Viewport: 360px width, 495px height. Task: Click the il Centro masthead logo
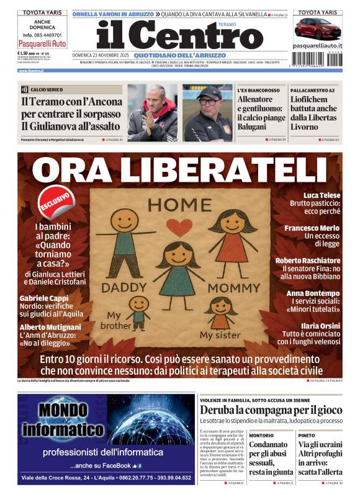[x=171, y=36]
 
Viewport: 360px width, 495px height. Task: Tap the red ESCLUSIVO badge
[x=55, y=200]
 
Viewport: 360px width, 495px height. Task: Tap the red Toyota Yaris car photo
[x=317, y=29]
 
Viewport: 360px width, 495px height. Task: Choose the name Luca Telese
[x=322, y=195]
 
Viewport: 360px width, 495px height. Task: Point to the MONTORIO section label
[x=261, y=435]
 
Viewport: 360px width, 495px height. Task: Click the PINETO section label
[x=307, y=435]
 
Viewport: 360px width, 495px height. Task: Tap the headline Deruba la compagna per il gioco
[x=271, y=410]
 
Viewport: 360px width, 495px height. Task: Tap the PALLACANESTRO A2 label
[x=313, y=91]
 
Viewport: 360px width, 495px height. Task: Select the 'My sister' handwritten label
[x=214, y=336]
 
